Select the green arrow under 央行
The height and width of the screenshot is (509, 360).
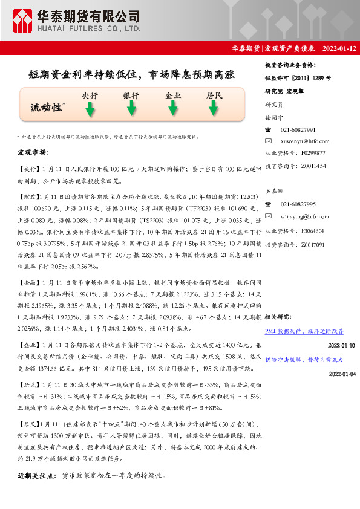tap(90, 109)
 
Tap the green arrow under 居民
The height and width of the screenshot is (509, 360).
tap(213, 109)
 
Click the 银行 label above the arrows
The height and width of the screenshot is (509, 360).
tap(131, 96)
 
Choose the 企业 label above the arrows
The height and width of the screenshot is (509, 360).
tap(173, 96)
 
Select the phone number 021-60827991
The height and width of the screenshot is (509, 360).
tap(298, 130)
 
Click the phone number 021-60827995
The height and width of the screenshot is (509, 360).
tap(298, 204)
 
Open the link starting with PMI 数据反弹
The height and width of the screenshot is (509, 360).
tap(304, 332)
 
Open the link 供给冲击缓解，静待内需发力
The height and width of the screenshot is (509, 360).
tap(304, 359)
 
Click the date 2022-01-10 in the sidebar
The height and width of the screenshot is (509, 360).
tap(341, 345)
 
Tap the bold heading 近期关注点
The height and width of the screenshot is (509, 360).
tap(37, 476)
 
